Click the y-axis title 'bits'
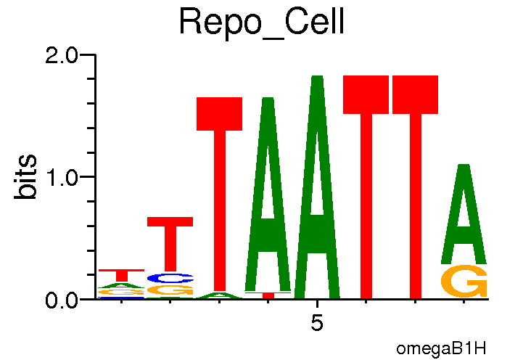[x=27, y=176]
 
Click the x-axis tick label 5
[x=317, y=323]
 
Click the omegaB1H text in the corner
[x=441, y=348]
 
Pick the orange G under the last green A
[x=464, y=282]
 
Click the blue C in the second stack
[x=170, y=278]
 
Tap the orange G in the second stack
[x=170, y=290]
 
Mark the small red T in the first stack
[x=122, y=275]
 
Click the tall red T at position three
[x=219, y=196]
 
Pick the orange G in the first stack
[x=122, y=292]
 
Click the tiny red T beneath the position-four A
[x=268, y=295]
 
